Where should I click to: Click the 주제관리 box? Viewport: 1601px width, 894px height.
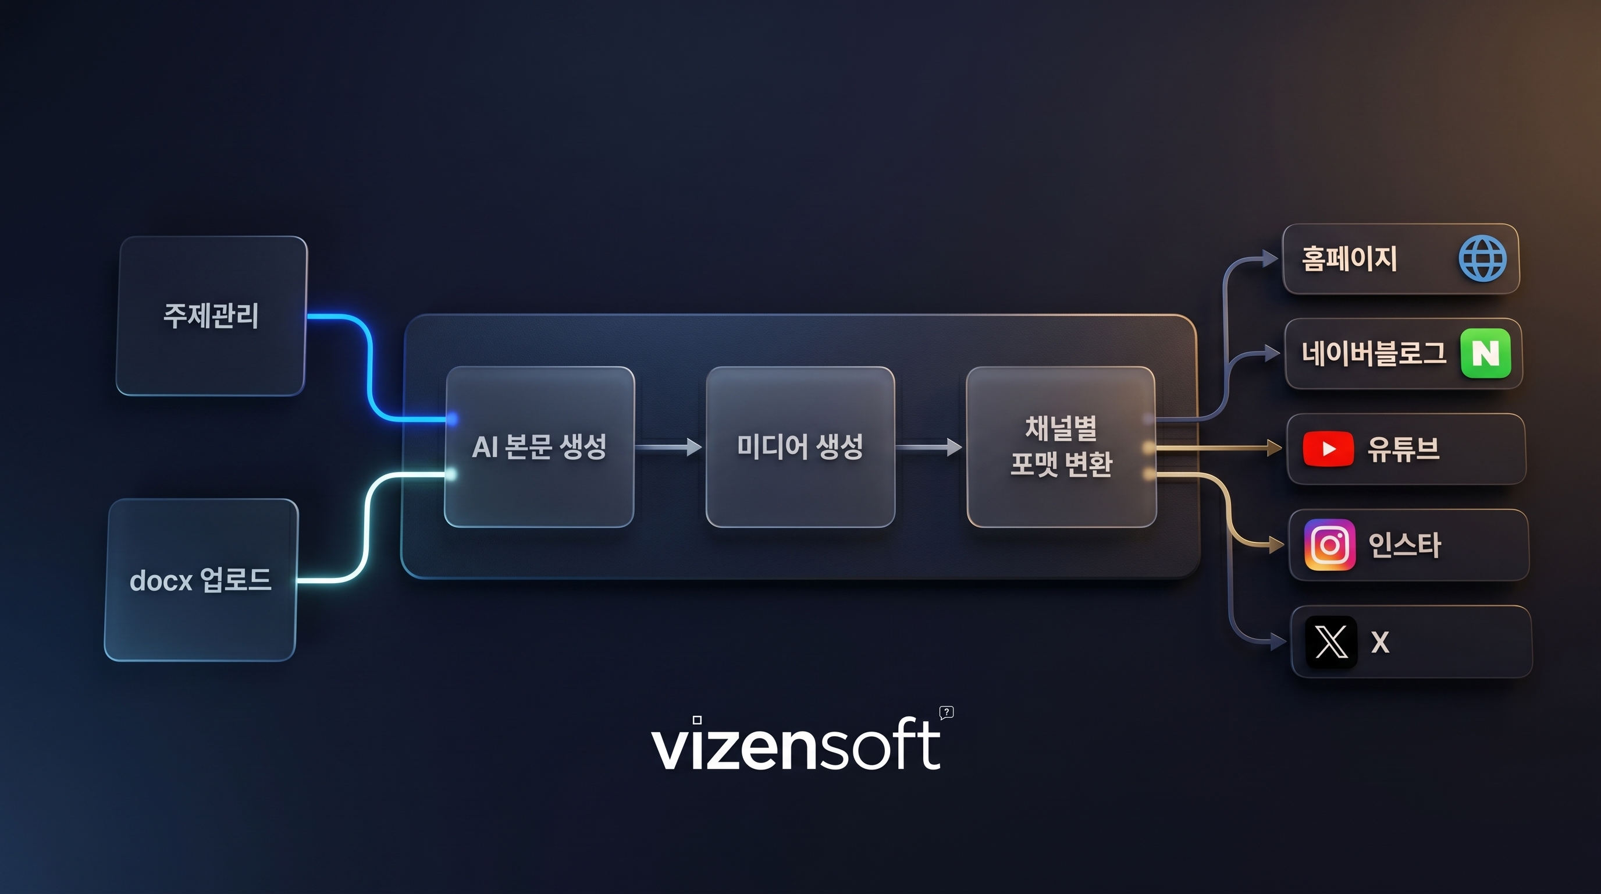[x=211, y=316]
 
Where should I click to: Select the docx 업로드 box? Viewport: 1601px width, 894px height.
[x=200, y=580]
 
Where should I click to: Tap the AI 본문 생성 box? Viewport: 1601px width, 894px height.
[x=539, y=446]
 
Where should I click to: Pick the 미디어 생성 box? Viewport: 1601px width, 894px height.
[x=800, y=446]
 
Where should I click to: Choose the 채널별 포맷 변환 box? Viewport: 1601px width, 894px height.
[x=1061, y=446]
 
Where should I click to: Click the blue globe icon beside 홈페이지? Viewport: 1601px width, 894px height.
[x=1482, y=258]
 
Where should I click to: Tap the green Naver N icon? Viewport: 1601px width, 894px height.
[x=1485, y=353]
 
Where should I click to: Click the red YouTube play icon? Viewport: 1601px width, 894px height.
[x=1328, y=448]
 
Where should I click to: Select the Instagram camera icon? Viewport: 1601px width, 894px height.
[x=1330, y=545]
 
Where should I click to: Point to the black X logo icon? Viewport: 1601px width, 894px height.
[x=1330, y=641]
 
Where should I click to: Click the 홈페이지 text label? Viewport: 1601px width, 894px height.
[x=1349, y=258]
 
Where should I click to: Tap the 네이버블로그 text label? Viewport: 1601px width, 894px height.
[x=1374, y=353]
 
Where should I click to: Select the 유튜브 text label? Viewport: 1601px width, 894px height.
[x=1403, y=448]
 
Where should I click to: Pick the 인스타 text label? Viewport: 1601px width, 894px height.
[x=1404, y=545]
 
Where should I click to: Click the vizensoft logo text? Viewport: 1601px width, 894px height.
[x=795, y=744]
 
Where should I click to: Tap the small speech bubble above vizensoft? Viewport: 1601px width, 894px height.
[x=947, y=712]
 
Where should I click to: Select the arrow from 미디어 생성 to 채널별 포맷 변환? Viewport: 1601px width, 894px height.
[x=929, y=446]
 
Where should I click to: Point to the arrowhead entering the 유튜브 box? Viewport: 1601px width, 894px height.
[x=1274, y=448]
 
